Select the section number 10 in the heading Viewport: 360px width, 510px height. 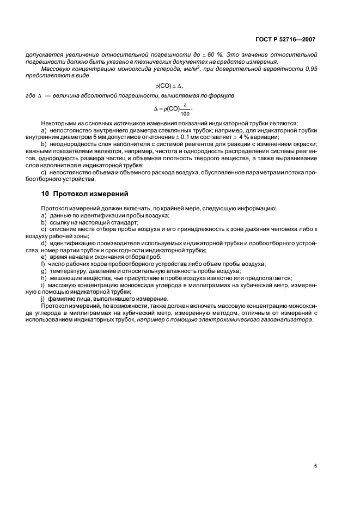46,193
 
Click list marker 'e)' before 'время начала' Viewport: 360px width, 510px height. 44,256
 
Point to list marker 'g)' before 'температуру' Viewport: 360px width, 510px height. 44,270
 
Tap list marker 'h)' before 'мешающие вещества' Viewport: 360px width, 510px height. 44,277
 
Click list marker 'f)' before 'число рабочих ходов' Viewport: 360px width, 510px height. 43,263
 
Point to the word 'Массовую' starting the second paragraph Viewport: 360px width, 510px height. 56,69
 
